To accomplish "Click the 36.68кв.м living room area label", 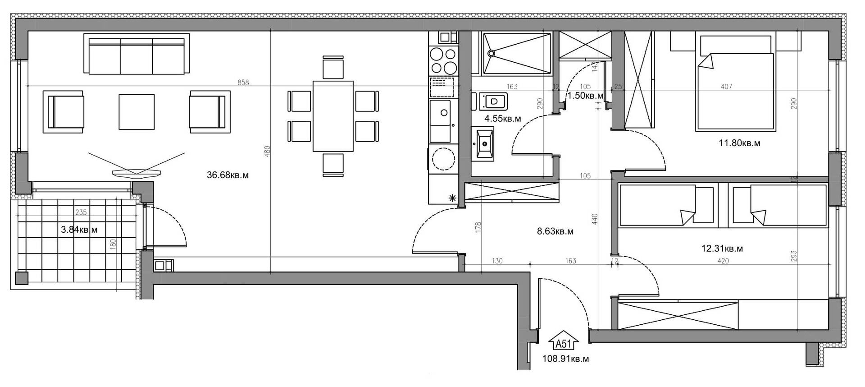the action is pos(228,175).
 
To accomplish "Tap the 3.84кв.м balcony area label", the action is pos(79,230).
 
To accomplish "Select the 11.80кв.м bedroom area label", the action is pos(739,143).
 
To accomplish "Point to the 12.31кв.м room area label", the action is pos(722,249).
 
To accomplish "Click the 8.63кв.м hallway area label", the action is pos(555,232).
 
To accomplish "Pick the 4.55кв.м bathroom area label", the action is pos(502,119).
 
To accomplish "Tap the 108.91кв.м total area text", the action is pos(565,359).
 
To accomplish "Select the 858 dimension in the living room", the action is pos(243,83).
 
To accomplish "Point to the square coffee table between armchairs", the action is pos(137,111).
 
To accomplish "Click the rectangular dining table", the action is pos(333,116).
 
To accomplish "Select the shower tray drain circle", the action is pos(491,53).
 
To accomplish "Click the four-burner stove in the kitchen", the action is pos(443,61).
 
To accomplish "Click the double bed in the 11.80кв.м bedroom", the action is pos(735,84).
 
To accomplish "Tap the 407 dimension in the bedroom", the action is pos(726,87).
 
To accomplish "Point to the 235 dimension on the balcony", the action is pos(81,212).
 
